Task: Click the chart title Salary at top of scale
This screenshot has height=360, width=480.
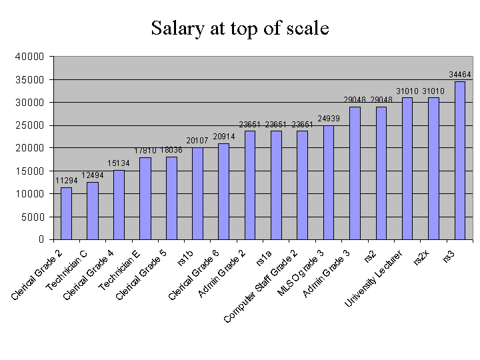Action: click(x=239, y=29)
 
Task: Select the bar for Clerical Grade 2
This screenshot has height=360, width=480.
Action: click(x=66, y=213)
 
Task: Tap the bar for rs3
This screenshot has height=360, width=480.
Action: click(x=460, y=160)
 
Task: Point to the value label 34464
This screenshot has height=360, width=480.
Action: click(x=460, y=75)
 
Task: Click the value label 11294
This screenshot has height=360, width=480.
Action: click(x=66, y=180)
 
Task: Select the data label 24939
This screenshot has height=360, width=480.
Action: click(x=329, y=119)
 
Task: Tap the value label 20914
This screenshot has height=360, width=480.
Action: click(x=223, y=137)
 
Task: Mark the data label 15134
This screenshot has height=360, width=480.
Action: click(x=119, y=163)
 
